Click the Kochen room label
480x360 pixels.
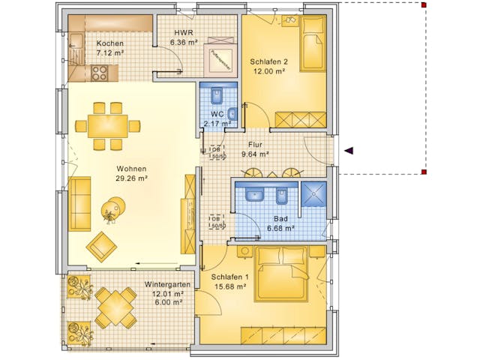pos(110,43)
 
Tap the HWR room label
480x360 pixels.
pos(184,33)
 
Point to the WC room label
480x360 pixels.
pos(217,114)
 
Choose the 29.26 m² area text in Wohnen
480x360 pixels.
pos(131,179)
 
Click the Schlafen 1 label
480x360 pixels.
pos(219,277)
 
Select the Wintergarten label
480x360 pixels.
pos(166,286)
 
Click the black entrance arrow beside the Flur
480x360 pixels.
pos(348,151)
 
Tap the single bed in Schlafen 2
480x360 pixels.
pos(313,44)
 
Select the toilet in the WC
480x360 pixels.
pos(217,96)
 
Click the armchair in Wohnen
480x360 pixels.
pos(102,244)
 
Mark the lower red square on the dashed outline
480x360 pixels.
pos(424,172)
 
